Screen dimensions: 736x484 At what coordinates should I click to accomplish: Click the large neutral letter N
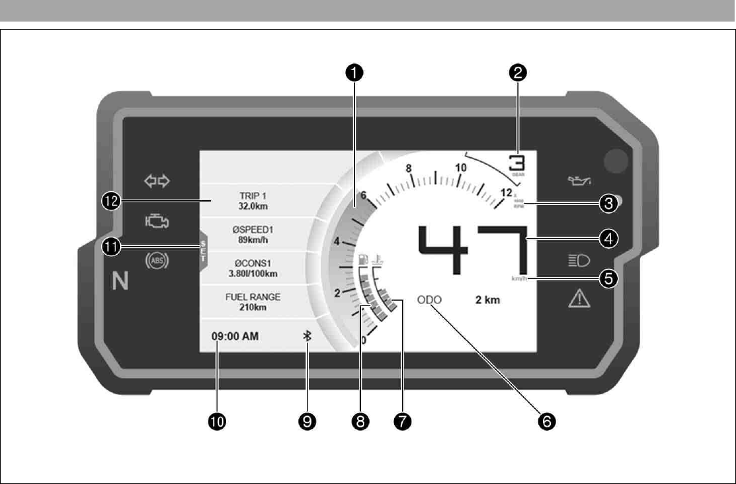tap(120, 282)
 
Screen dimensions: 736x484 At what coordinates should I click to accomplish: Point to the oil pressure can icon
tap(579, 181)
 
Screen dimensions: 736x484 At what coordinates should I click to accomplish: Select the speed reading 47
tap(472, 250)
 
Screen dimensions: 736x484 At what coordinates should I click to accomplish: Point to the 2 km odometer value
tap(487, 300)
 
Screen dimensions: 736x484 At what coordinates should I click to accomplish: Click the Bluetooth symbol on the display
tap(307, 336)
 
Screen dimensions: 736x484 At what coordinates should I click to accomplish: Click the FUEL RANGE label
tap(254, 297)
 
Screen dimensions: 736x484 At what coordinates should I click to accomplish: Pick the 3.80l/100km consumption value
tap(254, 274)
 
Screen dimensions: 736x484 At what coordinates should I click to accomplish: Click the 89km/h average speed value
tap(254, 240)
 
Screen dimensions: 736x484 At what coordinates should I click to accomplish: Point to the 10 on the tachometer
tap(461, 167)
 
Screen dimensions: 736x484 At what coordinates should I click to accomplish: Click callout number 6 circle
tap(545, 422)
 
